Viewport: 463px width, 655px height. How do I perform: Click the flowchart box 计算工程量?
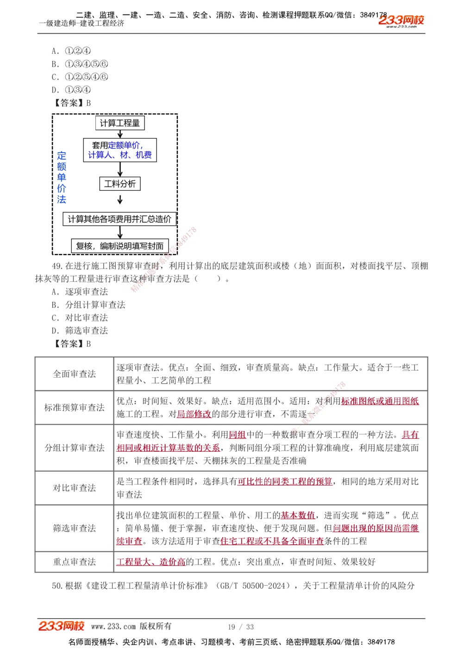pyautogui.click(x=120, y=123)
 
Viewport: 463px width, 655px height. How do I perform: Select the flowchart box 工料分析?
pyautogui.click(x=120, y=184)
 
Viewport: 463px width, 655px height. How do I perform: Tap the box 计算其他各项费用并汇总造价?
pyautogui.click(x=119, y=219)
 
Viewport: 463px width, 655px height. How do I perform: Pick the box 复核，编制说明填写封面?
pyautogui.click(x=120, y=246)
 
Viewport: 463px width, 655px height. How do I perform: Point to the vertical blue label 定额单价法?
pyautogui.click(x=62, y=177)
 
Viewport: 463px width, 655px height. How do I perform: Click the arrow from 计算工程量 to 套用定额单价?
pyautogui.click(x=120, y=134)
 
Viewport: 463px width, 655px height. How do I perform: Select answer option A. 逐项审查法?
pyautogui.click(x=80, y=292)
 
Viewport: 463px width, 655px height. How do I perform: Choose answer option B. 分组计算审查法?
pyautogui.click(x=88, y=305)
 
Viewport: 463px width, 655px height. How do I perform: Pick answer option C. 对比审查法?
pyautogui.click(x=80, y=318)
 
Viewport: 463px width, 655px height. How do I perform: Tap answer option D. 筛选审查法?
pyautogui.click(x=80, y=331)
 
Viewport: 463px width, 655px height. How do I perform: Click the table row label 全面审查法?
pyautogui.click(x=75, y=374)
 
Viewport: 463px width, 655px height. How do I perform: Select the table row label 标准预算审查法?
pyautogui.click(x=75, y=407)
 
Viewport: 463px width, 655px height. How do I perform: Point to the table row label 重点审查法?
pyautogui.click(x=75, y=562)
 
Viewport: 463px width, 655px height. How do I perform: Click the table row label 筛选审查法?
pyautogui.click(x=75, y=528)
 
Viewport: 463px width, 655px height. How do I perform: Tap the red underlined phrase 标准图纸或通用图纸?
pyautogui.click(x=380, y=401)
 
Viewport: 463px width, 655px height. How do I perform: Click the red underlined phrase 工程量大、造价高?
pyautogui.click(x=151, y=562)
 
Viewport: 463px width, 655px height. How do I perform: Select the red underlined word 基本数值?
pyautogui.click(x=298, y=515)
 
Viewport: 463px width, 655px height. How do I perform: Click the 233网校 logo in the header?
pyautogui.click(x=401, y=20)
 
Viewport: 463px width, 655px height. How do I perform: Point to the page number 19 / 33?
pyautogui.click(x=241, y=627)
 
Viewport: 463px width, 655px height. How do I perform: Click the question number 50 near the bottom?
pyautogui.click(x=57, y=586)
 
